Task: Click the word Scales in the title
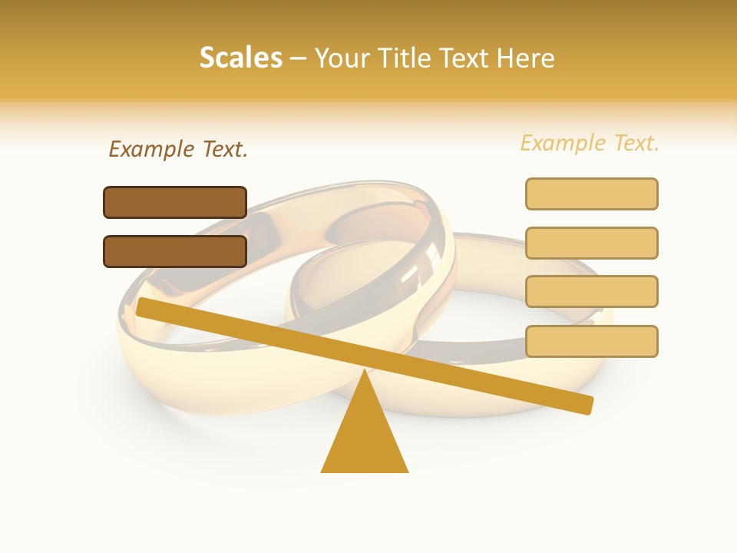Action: (240, 58)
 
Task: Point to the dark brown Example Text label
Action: (178, 149)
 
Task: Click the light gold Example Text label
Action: (590, 143)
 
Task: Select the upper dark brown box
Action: (175, 202)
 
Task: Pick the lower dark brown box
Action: (175, 251)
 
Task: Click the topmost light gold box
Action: (591, 194)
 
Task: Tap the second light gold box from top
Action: (591, 243)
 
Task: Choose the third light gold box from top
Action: (591, 292)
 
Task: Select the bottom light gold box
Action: (591, 341)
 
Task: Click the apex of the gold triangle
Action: (365, 374)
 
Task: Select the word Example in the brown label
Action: (151, 149)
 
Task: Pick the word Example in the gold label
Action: (563, 143)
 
